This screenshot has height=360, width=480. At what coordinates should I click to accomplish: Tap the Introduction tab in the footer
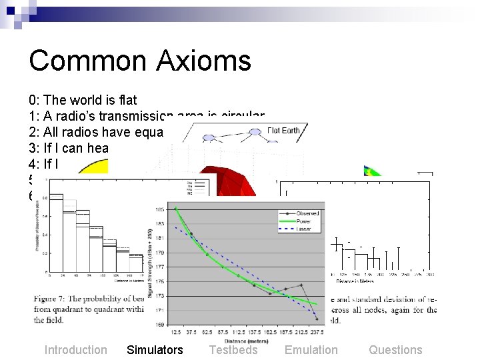(75, 350)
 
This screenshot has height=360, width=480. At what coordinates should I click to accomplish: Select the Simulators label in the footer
(155, 350)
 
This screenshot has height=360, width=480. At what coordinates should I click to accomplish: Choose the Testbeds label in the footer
(233, 350)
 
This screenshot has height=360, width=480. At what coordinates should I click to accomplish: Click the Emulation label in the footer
(311, 350)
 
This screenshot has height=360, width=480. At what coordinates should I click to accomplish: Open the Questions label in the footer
(395, 350)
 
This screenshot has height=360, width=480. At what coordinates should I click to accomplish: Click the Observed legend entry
(303, 213)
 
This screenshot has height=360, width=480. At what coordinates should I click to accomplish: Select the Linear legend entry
(300, 229)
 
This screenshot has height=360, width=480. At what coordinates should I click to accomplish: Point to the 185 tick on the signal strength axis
(161, 209)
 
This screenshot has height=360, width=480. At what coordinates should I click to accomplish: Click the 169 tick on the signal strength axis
(161, 324)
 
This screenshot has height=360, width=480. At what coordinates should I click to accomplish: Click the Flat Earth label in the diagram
(283, 131)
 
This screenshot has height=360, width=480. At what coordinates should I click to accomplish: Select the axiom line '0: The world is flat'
(83, 101)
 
